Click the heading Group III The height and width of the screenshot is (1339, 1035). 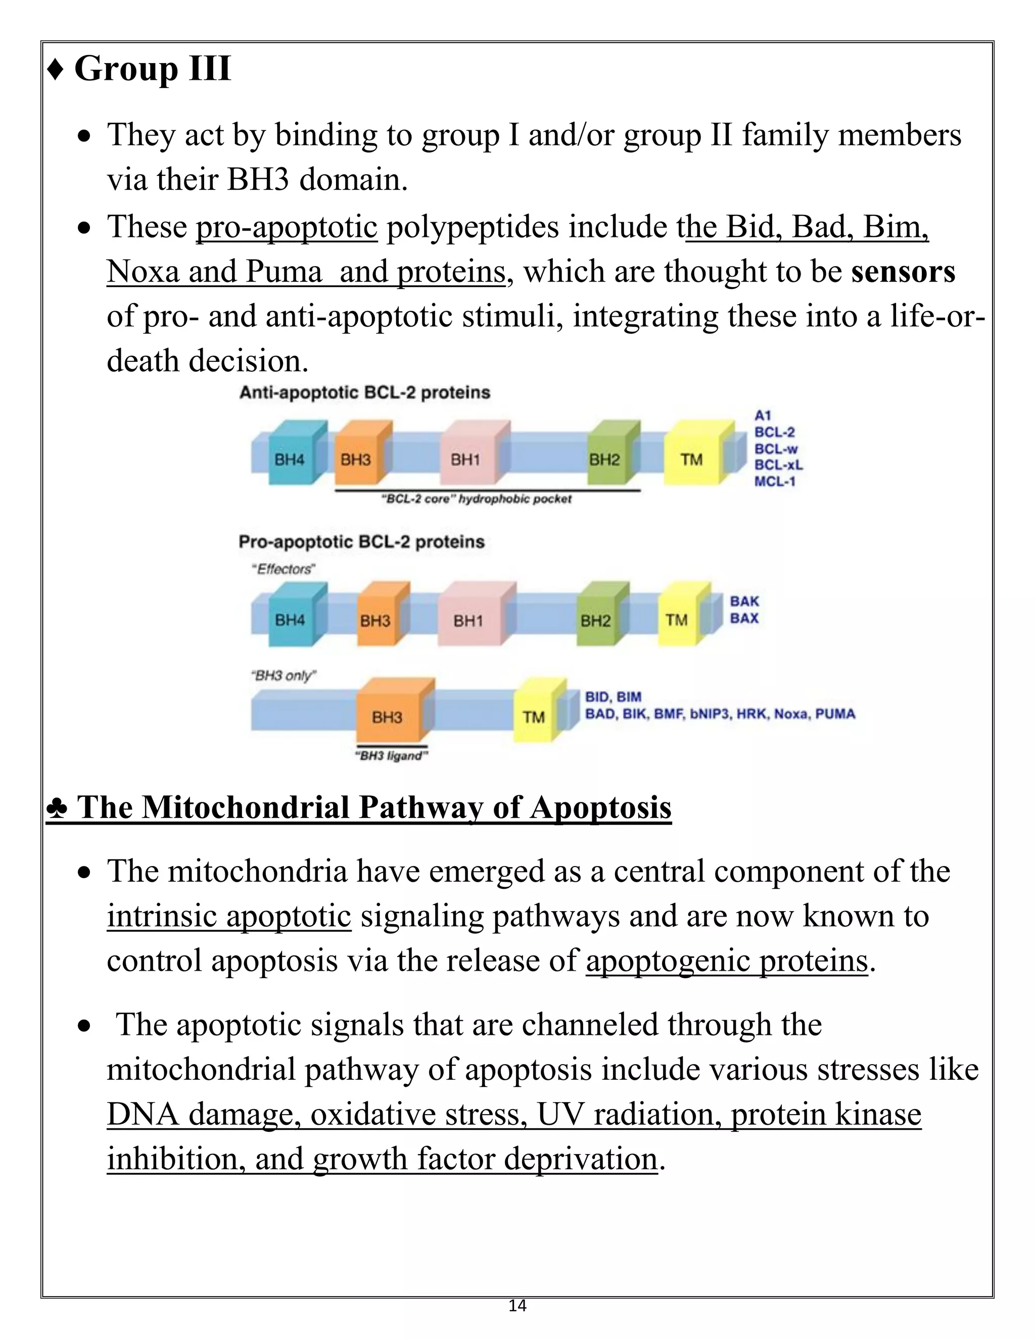tap(152, 69)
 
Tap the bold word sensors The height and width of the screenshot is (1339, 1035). tap(903, 272)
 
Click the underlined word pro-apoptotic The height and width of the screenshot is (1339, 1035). tap(287, 227)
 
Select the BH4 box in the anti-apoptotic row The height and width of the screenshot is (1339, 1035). tap(290, 459)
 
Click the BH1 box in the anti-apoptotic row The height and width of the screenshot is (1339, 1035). tap(465, 459)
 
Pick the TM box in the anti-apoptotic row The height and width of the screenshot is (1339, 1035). tap(692, 459)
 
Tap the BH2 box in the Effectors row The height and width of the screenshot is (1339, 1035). tap(595, 620)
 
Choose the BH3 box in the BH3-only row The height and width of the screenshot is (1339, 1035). tap(387, 716)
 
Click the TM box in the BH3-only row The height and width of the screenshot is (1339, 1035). tap(534, 716)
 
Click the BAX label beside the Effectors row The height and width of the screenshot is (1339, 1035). tap(744, 618)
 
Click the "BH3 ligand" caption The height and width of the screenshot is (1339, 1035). tap(391, 756)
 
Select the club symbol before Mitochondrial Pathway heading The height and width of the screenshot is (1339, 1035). tap(57, 808)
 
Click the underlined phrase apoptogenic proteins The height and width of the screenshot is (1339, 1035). tap(727, 960)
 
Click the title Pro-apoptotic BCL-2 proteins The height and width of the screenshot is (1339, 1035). tap(361, 542)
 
